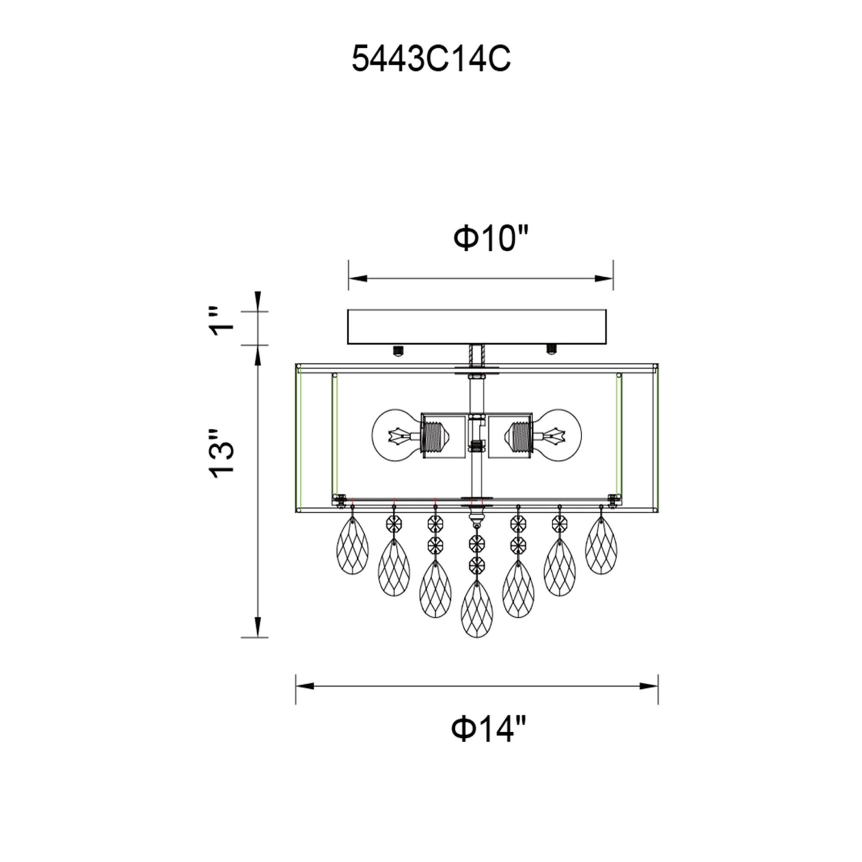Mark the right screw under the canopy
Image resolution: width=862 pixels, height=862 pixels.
552,350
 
